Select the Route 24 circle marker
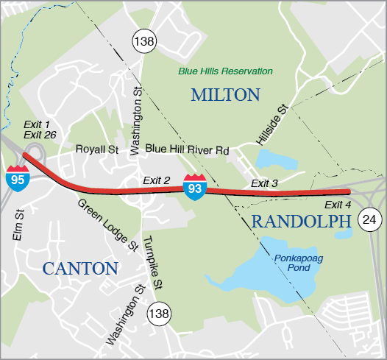pyautogui.click(x=370, y=218)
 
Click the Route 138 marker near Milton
pyautogui.click(x=143, y=41)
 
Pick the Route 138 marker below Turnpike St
pyautogui.click(x=158, y=314)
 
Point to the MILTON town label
pyautogui.click(x=225, y=94)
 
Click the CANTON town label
pyautogui.click(x=80, y=268)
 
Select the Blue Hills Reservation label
pyautogui.click(x=225, y=71)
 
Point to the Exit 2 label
pyautogui.click(x=157, y=180)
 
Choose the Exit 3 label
pyautogui.click(x=264, y=183)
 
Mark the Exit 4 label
pyautogui.click(x=338, y=204)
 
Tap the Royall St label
pyautogui.click(x=97, y=149)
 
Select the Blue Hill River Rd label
pyautogui.click(x=187, y=149)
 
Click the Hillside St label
pyautogui.click(x=271, y=124)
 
